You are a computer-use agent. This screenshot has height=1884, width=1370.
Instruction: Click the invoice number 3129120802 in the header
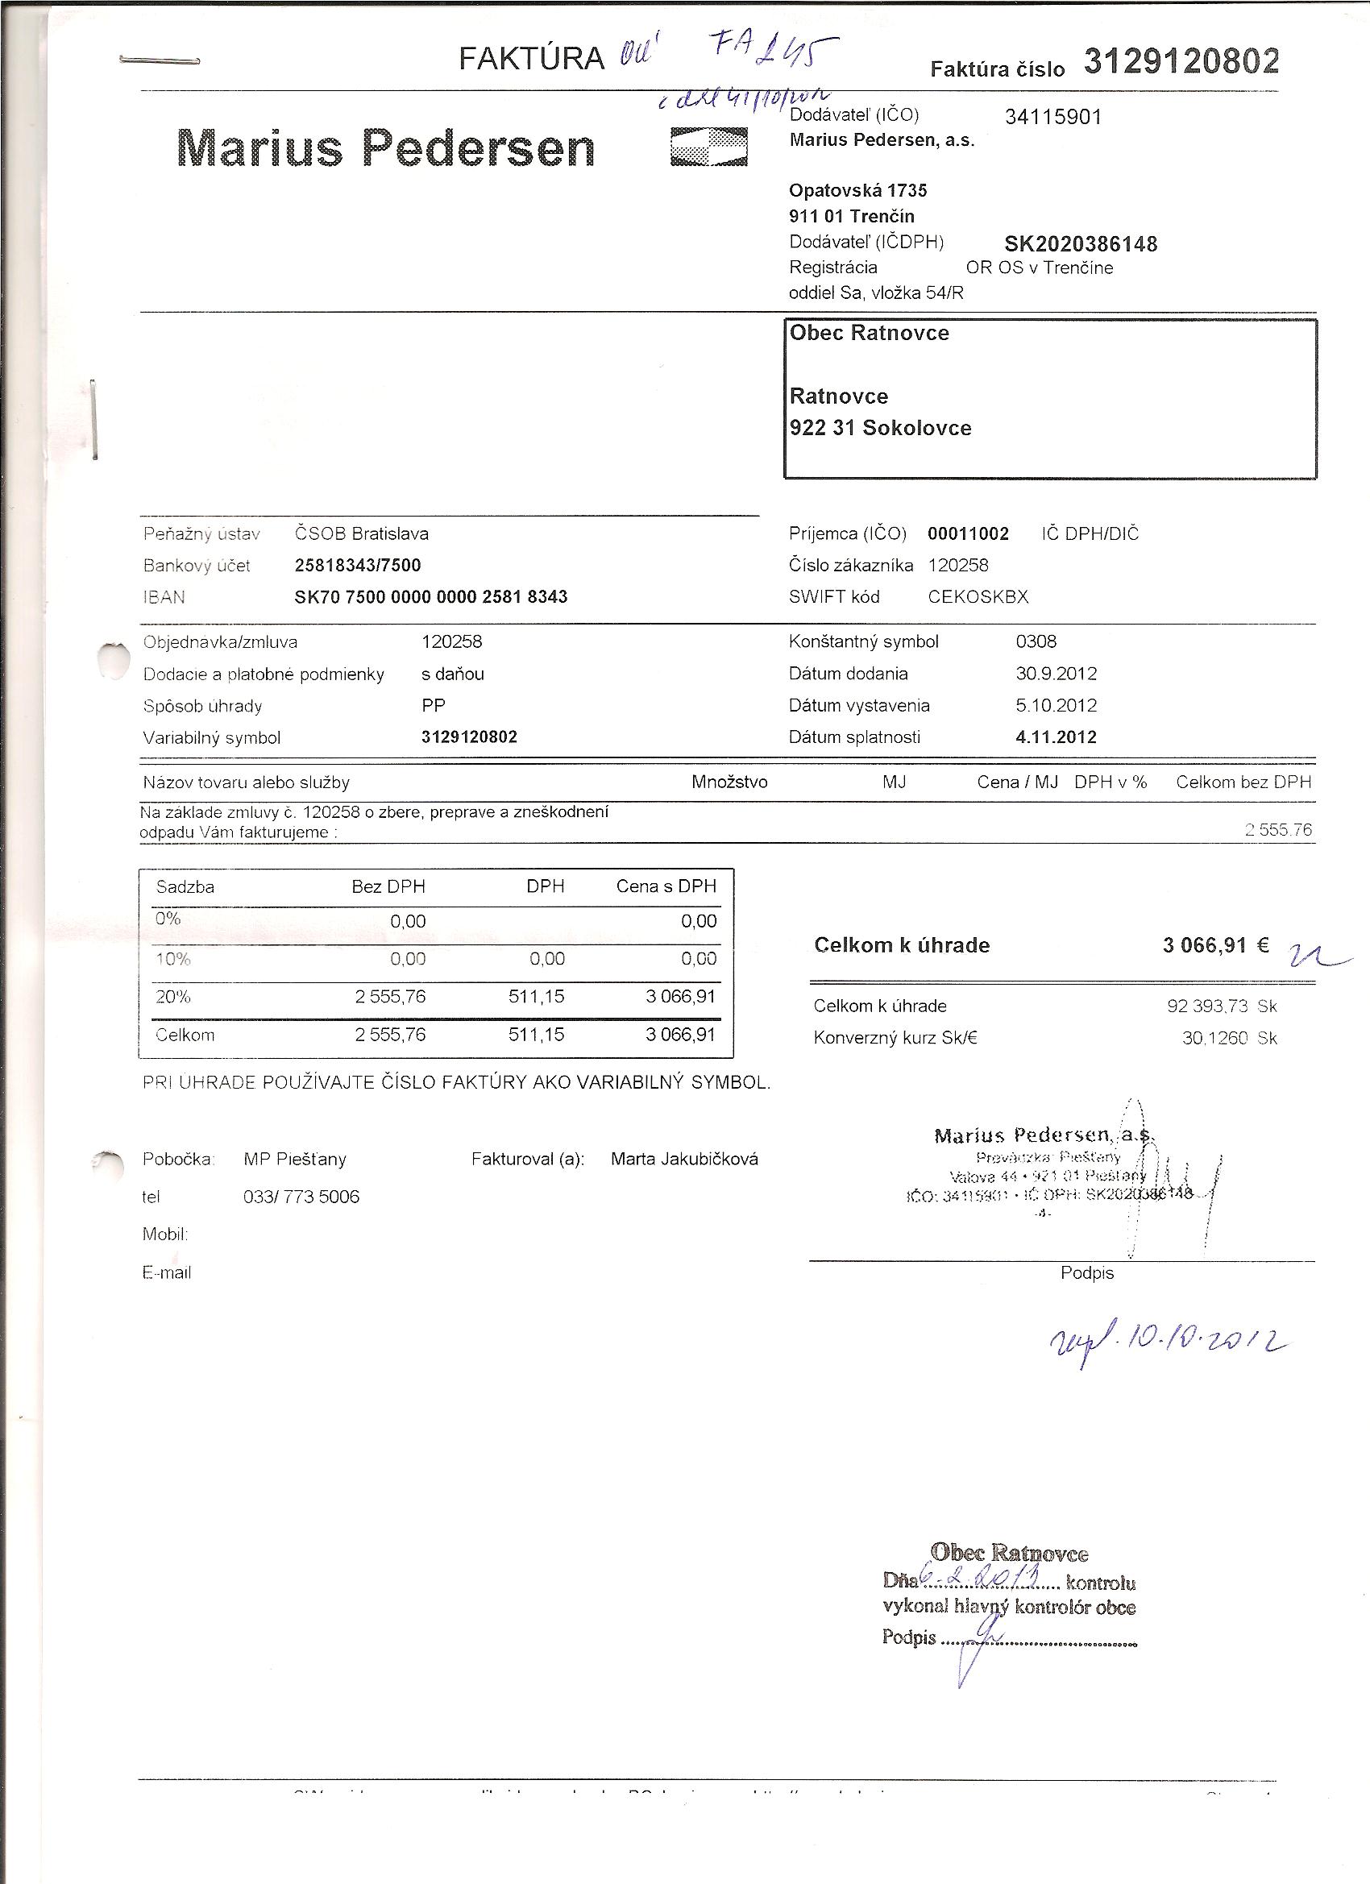pyautogui.click(x=1181, y=61)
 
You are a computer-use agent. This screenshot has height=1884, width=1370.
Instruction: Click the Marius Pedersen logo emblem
pyautogui.click(x=708, y=147)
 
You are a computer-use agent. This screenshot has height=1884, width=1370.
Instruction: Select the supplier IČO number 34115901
pyautogui.click(x=1052, y=117)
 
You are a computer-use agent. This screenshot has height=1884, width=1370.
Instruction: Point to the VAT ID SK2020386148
pyautogui.click(x=1080, y=244)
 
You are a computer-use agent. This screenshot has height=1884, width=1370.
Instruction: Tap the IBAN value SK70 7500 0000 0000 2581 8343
pyautogui.click(x=430, y=597)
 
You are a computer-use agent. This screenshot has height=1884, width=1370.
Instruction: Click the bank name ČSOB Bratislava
pyautogui.click(x=361, y=534)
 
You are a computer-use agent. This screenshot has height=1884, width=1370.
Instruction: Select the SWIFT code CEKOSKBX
pyautogui.click(x=978, y=597)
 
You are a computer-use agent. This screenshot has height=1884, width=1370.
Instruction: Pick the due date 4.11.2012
pyautogui.click(x=1055, y=737)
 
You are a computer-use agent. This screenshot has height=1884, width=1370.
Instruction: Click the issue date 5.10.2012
pyautogui.click(x=1055, y=706)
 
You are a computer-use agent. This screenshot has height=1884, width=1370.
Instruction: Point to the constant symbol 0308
pyautogui.click(x=1036, y=642)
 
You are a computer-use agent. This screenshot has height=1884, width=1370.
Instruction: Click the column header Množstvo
pyautogui.click(x=729, y=782)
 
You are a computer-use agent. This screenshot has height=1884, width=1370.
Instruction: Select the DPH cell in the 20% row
pyautogui.click(x=536, y=997)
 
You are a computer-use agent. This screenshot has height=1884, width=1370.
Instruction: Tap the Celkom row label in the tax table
pyautogui.click(x=185, y=1035)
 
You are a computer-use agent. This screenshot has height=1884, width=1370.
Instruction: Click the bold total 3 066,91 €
pyautogui.click(x=1214, y=945)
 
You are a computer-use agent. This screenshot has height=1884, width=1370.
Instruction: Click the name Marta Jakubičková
pyautogui.click(x=683, y=1160)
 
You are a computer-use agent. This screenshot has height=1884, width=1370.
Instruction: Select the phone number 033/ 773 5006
pyautogui.click(x=301, y=1197)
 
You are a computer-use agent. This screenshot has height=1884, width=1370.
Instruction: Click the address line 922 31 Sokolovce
pyautogui.click(x=880, y=429)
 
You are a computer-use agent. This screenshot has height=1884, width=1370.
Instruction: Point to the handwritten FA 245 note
pyautogui.click(x=773, y=52)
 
